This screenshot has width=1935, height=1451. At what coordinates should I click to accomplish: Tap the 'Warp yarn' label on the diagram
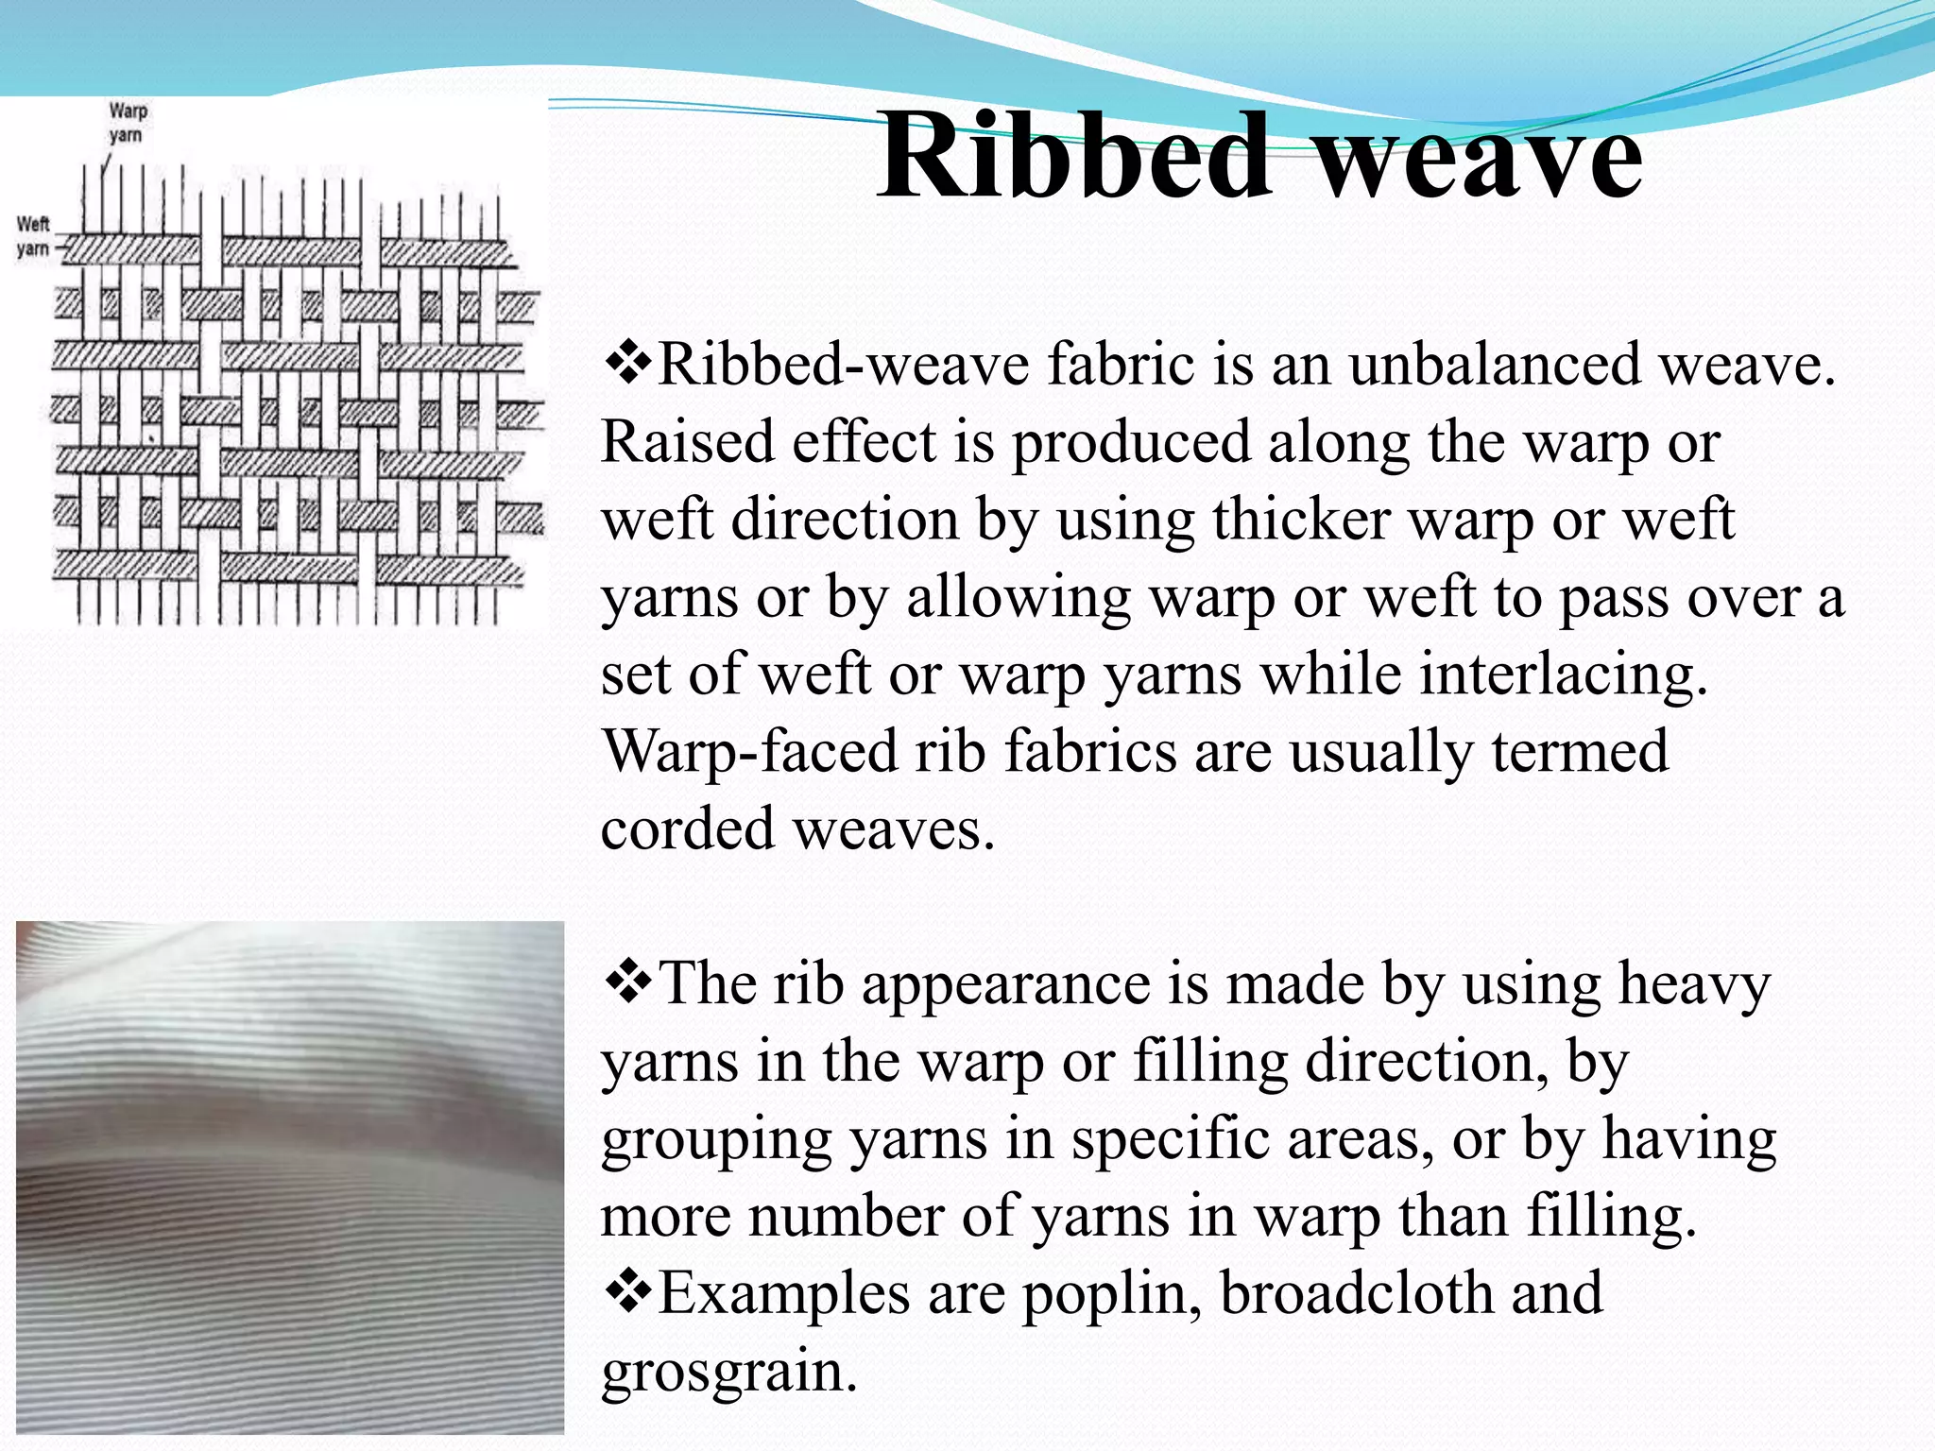[127, 123]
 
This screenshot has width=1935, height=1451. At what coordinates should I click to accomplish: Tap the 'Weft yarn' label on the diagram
[33, 236]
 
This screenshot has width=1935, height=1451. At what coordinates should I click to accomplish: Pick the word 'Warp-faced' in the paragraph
[750, 753]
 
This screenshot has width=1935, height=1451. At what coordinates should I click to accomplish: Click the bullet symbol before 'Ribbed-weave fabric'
[626, 364]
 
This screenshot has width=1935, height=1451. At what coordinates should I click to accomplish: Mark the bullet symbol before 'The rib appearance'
[626, 983]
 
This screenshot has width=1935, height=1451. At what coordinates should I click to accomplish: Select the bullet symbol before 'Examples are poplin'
[626, 1293]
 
